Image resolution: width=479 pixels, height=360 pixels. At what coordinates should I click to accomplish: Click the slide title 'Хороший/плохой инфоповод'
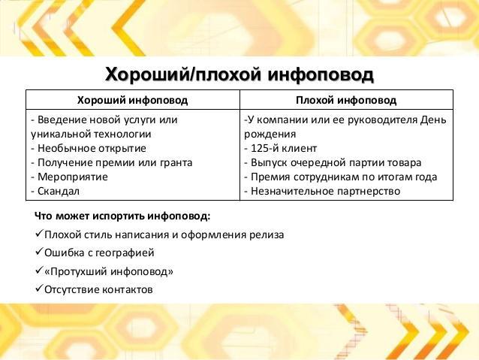(x=239, y=74)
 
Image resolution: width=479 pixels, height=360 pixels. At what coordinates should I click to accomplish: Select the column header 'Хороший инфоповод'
(x=132, y=100)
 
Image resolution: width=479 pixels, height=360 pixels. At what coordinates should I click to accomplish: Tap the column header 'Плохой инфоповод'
(x=346, y=100)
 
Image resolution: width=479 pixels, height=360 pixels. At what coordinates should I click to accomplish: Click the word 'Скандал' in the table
(x=59, y=191)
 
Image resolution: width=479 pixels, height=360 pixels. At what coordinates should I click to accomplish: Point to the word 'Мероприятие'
(x=73, y=177)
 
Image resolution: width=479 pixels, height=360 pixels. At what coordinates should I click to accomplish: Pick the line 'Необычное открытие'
(x=92, y=148)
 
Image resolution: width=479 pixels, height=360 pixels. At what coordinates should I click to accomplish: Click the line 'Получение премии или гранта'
(x=115, y=163)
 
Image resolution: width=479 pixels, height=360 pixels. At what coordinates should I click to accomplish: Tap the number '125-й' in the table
(x=264, y=148)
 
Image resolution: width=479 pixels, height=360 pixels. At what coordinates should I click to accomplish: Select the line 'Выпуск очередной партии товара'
(x=336, y=163)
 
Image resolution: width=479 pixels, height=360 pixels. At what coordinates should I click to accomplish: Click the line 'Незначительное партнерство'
(x=325, y=191)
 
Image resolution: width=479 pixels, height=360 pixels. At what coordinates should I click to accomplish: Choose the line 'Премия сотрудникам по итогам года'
(x=344, y=177)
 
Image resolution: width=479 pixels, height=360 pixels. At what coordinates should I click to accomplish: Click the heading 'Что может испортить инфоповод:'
(x=122, y=216)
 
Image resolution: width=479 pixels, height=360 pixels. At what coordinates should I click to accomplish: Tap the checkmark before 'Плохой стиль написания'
(x=38, y=234)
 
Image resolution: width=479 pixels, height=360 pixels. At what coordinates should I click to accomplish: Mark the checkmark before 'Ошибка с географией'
(x=38, y=252)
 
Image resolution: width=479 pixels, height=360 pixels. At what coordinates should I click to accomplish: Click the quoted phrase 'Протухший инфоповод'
(x=109, y=271)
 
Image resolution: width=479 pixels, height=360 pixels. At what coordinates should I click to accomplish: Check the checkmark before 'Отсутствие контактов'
(x=38, y=289)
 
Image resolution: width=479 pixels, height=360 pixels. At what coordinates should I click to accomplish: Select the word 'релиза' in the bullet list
(x=267, y=235)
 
